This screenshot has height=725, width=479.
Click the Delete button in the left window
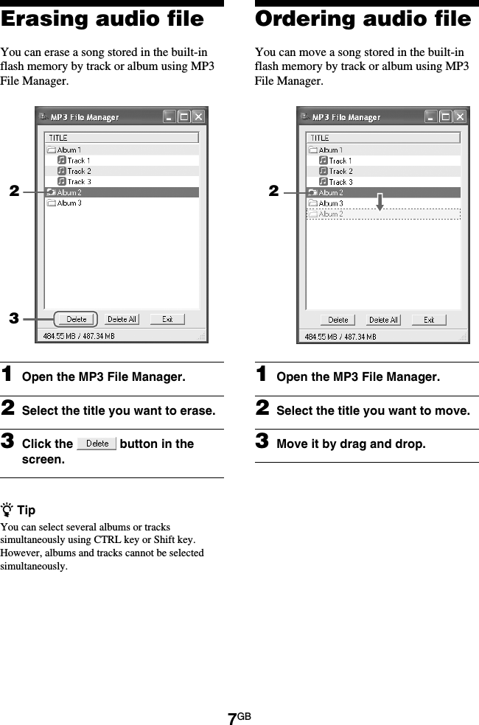pos(76,319)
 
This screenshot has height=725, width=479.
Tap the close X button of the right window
pos(459,116)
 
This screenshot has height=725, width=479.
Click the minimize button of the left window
pos(169,116)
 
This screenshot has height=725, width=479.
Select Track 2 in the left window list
pos(79,171)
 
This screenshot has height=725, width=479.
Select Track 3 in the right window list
pos(340,182)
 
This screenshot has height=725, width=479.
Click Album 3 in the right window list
pos(330,203)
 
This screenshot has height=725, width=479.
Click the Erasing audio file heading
pos(102,19)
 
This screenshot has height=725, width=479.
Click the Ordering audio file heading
pos(363,19)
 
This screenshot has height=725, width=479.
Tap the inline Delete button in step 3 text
pos(97,444)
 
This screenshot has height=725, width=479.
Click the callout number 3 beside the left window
pos(13,319)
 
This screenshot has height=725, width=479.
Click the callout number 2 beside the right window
pos(273,192)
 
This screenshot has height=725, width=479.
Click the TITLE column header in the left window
pos(58,138)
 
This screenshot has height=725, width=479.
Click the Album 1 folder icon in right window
pos(312,150)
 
